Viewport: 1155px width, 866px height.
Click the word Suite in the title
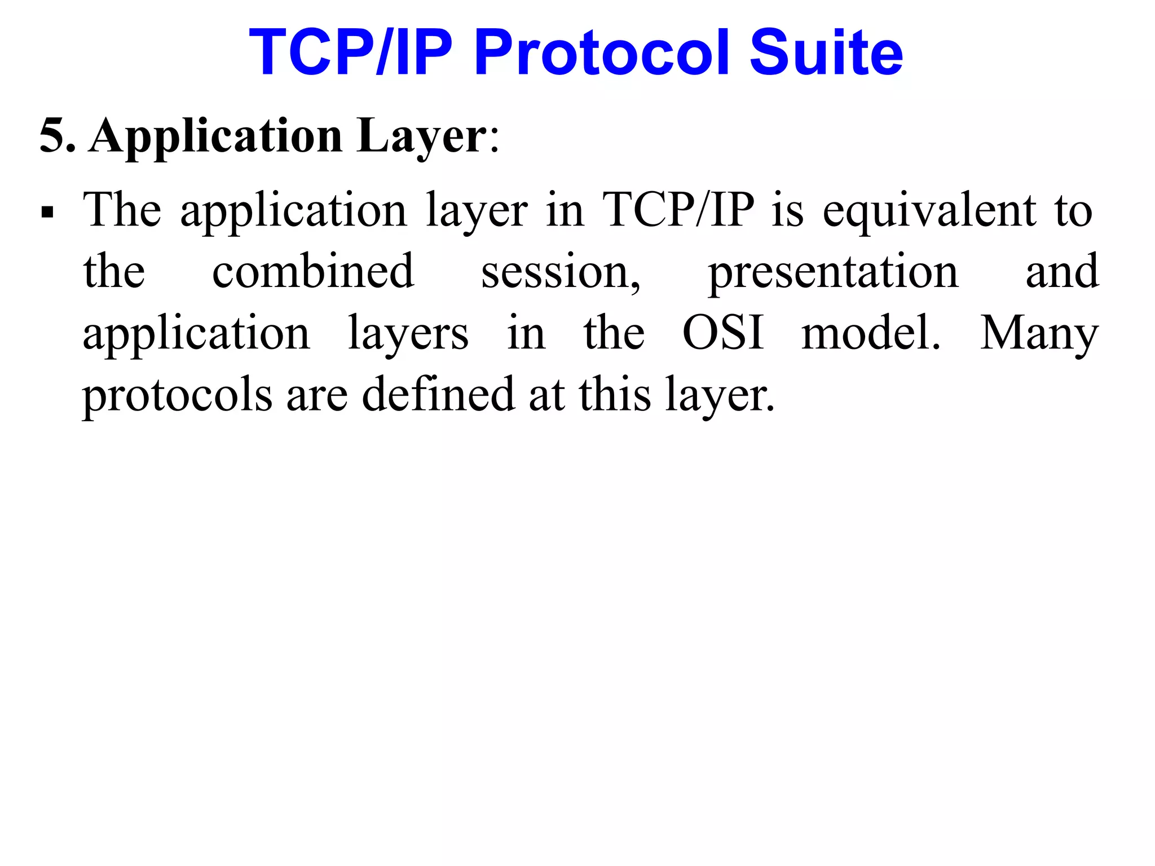826,53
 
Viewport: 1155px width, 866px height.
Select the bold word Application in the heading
216,137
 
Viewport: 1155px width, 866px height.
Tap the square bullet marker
48,213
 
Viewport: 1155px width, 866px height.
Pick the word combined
314,272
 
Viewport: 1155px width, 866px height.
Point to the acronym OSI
724,333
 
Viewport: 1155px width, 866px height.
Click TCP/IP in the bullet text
678,211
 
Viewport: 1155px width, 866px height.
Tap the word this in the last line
615,394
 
